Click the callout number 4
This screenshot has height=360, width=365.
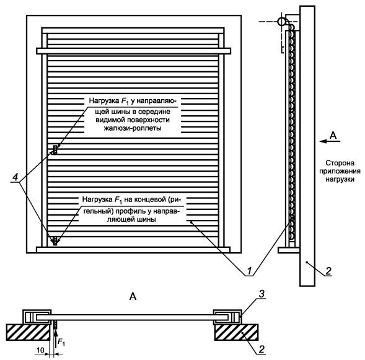coord(15,177)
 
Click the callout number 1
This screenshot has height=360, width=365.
coord(249,271)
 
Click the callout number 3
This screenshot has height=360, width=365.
coord(262,294)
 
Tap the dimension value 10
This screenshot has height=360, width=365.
coord(40,349)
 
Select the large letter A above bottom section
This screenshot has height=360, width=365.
coord(133,296)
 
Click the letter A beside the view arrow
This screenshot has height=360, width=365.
coord(333,135)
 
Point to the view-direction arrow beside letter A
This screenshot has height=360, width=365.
coord(330,141)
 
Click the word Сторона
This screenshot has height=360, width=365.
coord(340,163)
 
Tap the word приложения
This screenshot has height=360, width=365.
coord(340,171)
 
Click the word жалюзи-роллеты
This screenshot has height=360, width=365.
coord(133,128)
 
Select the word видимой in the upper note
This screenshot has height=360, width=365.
coord(110,120)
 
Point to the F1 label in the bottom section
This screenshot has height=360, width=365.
coord(61,342)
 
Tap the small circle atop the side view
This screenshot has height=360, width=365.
coord(282,22)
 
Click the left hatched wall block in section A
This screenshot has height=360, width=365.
coord(28,333)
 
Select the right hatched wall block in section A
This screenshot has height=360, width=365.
coord(236,332)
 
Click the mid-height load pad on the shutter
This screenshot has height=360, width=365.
coord(55,149)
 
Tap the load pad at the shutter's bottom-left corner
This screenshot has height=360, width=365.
coord(55,241)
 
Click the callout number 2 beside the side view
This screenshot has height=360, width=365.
coord(328,271)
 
